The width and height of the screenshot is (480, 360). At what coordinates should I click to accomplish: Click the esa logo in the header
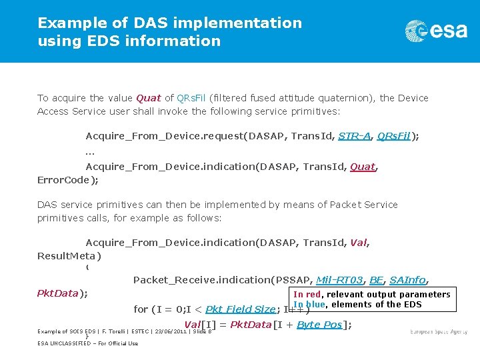point(436,31)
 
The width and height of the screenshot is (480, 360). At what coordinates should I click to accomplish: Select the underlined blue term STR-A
point(355,136)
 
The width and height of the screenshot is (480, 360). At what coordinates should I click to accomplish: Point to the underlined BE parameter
point(377,280)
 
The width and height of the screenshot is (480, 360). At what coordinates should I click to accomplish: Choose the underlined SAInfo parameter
point(407,280)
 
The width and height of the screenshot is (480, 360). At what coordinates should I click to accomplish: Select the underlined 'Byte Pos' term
point(319,325)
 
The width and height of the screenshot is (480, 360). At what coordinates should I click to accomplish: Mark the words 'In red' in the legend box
point(307,295)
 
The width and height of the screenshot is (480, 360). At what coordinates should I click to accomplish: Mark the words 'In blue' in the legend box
point(309,305)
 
